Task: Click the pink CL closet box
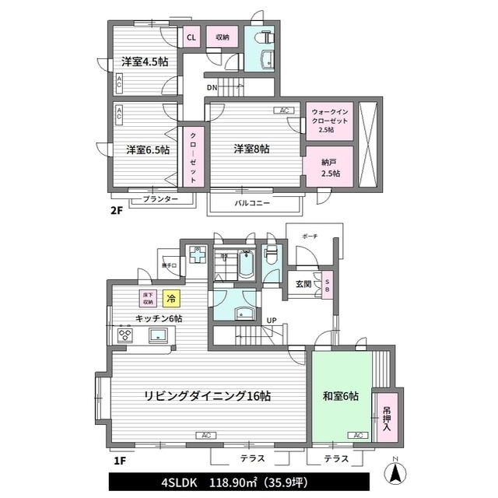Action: tap(191, 37)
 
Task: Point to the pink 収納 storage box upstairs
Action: tap(223, 37)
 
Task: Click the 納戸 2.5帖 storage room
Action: tap(330, 167)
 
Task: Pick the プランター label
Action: tap(160, 200)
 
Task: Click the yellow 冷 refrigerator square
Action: tap(171, 298)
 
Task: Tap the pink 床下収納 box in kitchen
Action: tap(148, 298)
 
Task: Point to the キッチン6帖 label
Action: tap(159, 319)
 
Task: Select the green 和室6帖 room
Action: tap(341, 396)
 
